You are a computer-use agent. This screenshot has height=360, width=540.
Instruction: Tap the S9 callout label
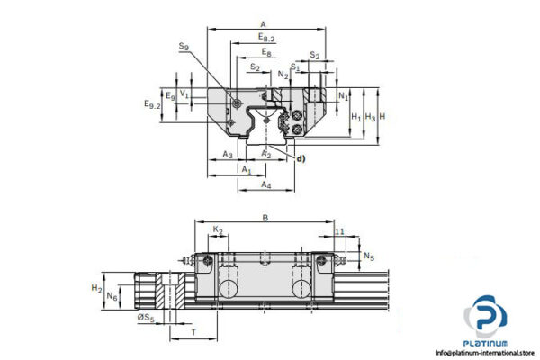(184, 46)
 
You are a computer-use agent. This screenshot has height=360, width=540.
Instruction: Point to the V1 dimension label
(184, 93)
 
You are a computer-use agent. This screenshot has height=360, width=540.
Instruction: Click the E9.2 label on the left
(152, 105)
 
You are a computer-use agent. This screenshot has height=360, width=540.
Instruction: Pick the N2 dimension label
(284, 74)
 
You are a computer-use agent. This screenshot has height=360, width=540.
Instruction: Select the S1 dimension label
(295, 67)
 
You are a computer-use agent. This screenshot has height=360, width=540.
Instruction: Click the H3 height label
(370, 117)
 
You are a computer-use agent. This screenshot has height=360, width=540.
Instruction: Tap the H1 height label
(355, 117)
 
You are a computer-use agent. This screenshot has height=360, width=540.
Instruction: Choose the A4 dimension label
(266, 184)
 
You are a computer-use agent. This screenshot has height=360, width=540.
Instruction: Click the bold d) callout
(301, 159)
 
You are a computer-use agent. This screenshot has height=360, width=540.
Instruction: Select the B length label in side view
(265, 218)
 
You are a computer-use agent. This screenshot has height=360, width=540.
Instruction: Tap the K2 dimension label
(218, 231)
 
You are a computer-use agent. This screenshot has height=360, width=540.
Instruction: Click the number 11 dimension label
(339, 231)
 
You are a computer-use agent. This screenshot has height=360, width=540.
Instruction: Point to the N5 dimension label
(369, 257)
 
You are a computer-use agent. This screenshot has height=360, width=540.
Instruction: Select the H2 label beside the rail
(97, 287)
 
